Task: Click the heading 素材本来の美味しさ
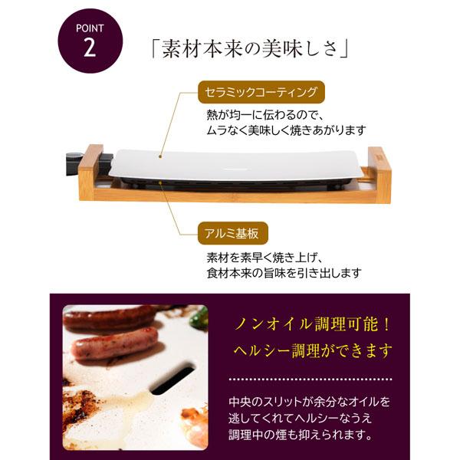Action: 251,50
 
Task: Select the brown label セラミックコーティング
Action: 257,93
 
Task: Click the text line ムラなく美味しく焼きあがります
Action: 285,130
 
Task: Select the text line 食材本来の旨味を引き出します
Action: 284,272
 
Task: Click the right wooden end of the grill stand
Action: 379,172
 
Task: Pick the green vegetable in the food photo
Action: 199,317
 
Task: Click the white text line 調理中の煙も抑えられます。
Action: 301,435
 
